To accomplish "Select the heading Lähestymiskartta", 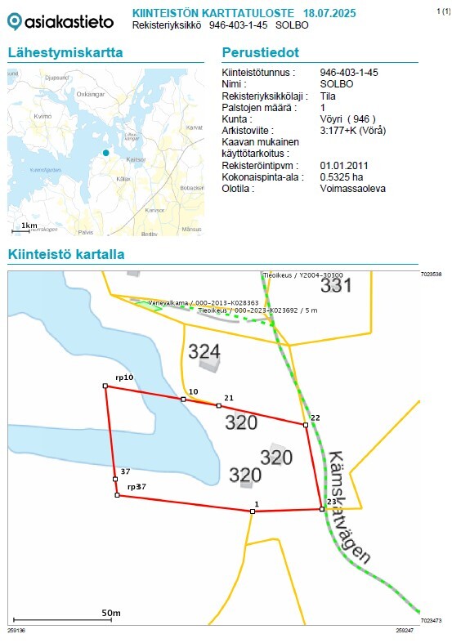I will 65,53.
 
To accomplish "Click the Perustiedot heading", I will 261,53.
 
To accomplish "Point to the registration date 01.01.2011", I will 345,166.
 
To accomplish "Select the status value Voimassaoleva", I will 354,189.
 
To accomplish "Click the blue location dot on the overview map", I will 105,153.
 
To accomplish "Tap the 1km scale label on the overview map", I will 29,225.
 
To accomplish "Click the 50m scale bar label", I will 111,613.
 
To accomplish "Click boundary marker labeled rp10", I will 124,377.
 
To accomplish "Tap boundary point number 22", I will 315,418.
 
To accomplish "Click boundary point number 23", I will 331,502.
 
